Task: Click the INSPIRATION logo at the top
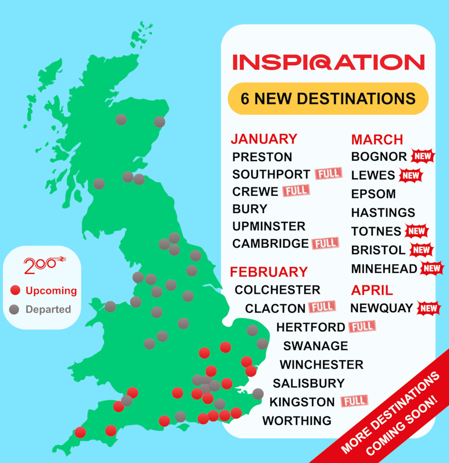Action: click(x=328, y=62)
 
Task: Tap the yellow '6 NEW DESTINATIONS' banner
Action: click(x=328, y=99)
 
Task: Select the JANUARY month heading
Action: click(x=264, y=139)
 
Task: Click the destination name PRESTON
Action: click(x=262, y=157)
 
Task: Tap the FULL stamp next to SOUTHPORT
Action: click(x=328, y=173)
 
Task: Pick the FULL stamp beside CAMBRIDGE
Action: click(x=325, y=243)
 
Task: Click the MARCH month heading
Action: click(x=377, y=140)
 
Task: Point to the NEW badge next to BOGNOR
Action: click(x=423, y=157)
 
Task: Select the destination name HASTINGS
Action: click(x=383, y=213)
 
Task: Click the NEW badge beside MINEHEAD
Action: click(x=432, y=268)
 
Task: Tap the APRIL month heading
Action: click(x=372, y=290)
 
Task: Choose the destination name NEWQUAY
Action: click(x=381, y=308)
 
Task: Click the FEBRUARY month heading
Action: click(x=269, y=272)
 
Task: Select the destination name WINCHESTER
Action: click(x=321, y=365)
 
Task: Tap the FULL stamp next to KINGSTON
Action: click(x=354, y=401)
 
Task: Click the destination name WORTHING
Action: click(x=297, y=421)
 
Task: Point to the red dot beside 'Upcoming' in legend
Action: click(x=15, y=290)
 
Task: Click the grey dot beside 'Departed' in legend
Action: click(x=15, y=309)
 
